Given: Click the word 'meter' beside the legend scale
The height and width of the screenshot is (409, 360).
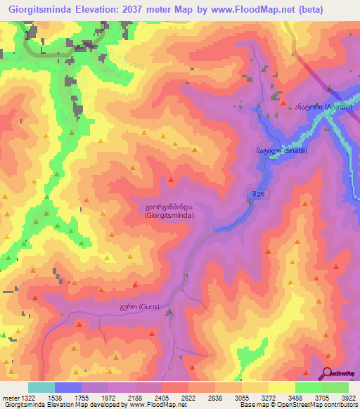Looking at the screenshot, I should coord(9,397).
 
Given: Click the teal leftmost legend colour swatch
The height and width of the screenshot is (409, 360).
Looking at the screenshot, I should coord(41,387).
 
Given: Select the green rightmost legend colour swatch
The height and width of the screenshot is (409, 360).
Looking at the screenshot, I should coord(335,387).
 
